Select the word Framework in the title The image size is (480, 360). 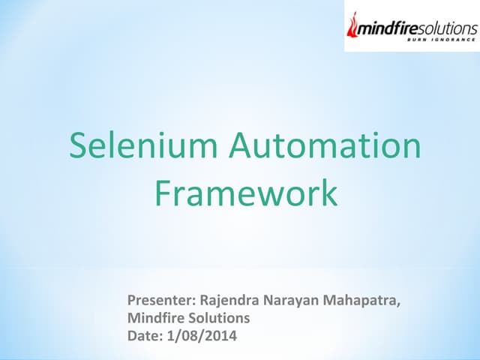point(246,193)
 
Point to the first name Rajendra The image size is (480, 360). point(228,301)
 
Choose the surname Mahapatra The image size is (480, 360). point(359,301)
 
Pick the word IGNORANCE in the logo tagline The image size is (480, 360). point(454,42)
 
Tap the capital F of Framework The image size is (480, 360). point(163,193)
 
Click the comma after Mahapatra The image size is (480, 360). point(398,306)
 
